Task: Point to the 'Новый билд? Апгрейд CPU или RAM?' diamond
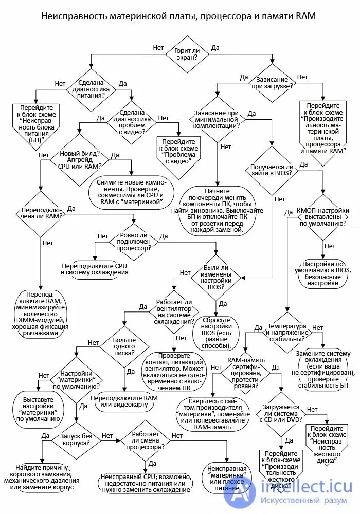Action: point(80,159)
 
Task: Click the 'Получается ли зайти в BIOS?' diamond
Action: point(271,170)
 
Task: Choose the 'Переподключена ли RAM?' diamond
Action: point(40,214)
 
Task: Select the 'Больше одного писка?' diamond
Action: point(124,346)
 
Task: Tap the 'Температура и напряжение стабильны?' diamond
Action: point(286,332)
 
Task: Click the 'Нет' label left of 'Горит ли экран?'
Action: point(158,48)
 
